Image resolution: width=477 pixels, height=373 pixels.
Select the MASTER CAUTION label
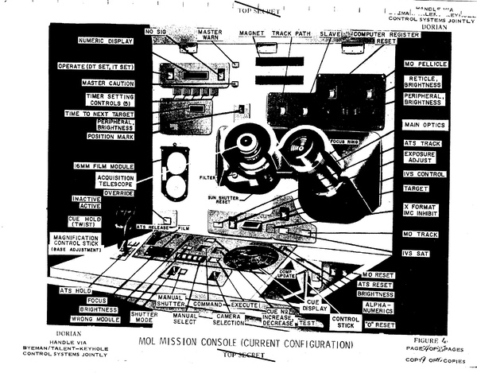[108, 83]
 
